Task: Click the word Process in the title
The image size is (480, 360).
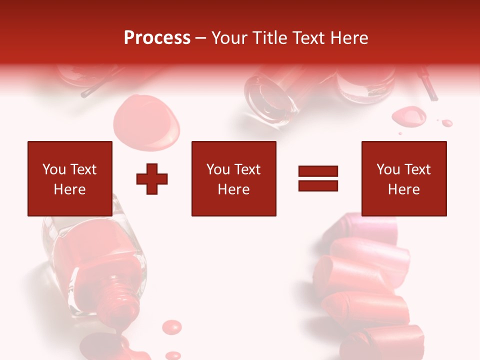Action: click(x=157, y=38)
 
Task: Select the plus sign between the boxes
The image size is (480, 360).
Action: click(x=152, y=179)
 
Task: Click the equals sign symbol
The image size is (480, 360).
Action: click(x=318, y=178)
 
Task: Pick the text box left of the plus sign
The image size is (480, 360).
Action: click(x=70, y=178)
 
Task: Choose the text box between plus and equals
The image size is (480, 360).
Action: click(x=233, y=178)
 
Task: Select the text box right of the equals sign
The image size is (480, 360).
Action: click(x=404, y=178)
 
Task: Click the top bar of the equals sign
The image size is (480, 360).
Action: click(x=318, y=171)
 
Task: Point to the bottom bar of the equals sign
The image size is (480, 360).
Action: click(x=318, y=185)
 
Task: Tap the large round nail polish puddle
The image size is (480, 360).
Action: click(x=146, y=122)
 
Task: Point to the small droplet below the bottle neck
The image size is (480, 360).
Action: click(x=172, y=327)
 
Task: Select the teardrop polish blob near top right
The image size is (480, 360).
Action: click(x=409, y=116)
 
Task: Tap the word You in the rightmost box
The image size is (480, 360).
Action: click(x=387, y=169)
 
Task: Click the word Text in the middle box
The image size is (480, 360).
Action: click(x=247, y=169)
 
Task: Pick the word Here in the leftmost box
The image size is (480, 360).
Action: click(x=70, y=189)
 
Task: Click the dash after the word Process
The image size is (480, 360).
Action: click(x=200, y=38)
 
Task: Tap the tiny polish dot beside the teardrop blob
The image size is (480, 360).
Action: click(x=447, y=122)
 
